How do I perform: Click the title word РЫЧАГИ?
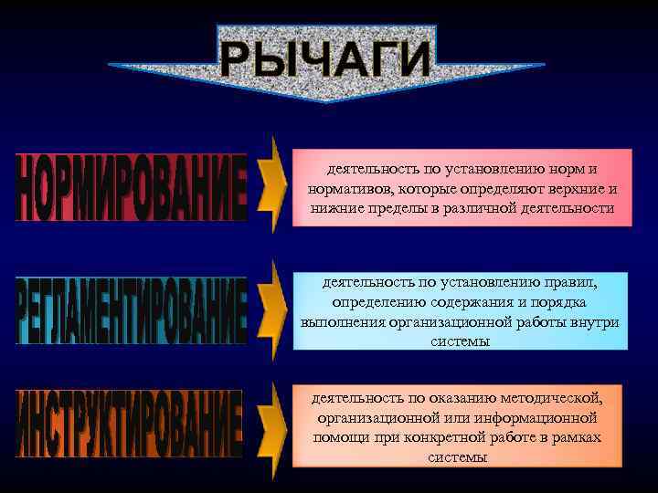point(325,59)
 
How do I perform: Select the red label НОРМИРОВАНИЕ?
point(132,188)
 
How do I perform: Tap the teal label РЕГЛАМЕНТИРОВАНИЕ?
point(132,310)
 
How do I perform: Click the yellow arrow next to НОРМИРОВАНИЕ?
point(269,186)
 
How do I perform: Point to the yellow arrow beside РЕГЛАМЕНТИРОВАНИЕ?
point(269,309)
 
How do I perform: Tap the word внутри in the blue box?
point(597,322)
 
